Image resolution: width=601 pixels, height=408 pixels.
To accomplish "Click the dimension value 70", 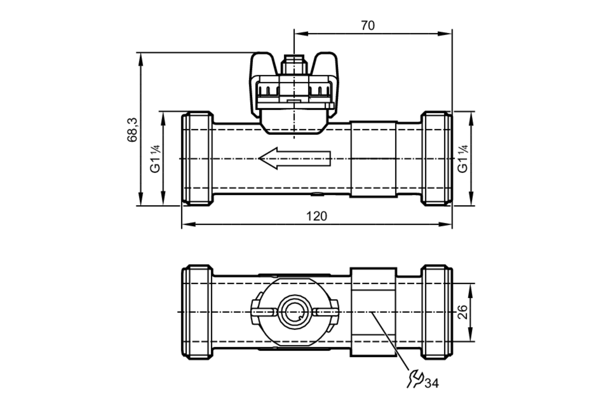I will (368, 26).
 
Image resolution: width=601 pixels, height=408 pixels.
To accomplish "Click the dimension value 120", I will (316, 216).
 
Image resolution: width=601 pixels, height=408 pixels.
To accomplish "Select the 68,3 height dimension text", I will (132, 130).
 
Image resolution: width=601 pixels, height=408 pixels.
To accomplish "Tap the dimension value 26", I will (462, 312).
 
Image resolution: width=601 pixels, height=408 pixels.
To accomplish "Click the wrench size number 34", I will (432, 383).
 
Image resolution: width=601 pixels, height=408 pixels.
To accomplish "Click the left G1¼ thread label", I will (155, 159).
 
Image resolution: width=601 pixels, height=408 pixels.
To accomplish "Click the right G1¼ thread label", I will (463, 159).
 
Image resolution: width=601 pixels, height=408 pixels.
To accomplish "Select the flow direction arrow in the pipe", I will (294, 158).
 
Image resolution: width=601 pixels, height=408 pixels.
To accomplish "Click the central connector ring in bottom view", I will (294, 312).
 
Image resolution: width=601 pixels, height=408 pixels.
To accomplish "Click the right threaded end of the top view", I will (436, 158).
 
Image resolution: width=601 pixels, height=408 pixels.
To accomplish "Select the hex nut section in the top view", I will (374, 159).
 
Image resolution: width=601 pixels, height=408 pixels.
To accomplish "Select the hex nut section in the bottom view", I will (373, 312).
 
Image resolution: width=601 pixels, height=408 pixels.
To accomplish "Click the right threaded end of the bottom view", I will (436, 312).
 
